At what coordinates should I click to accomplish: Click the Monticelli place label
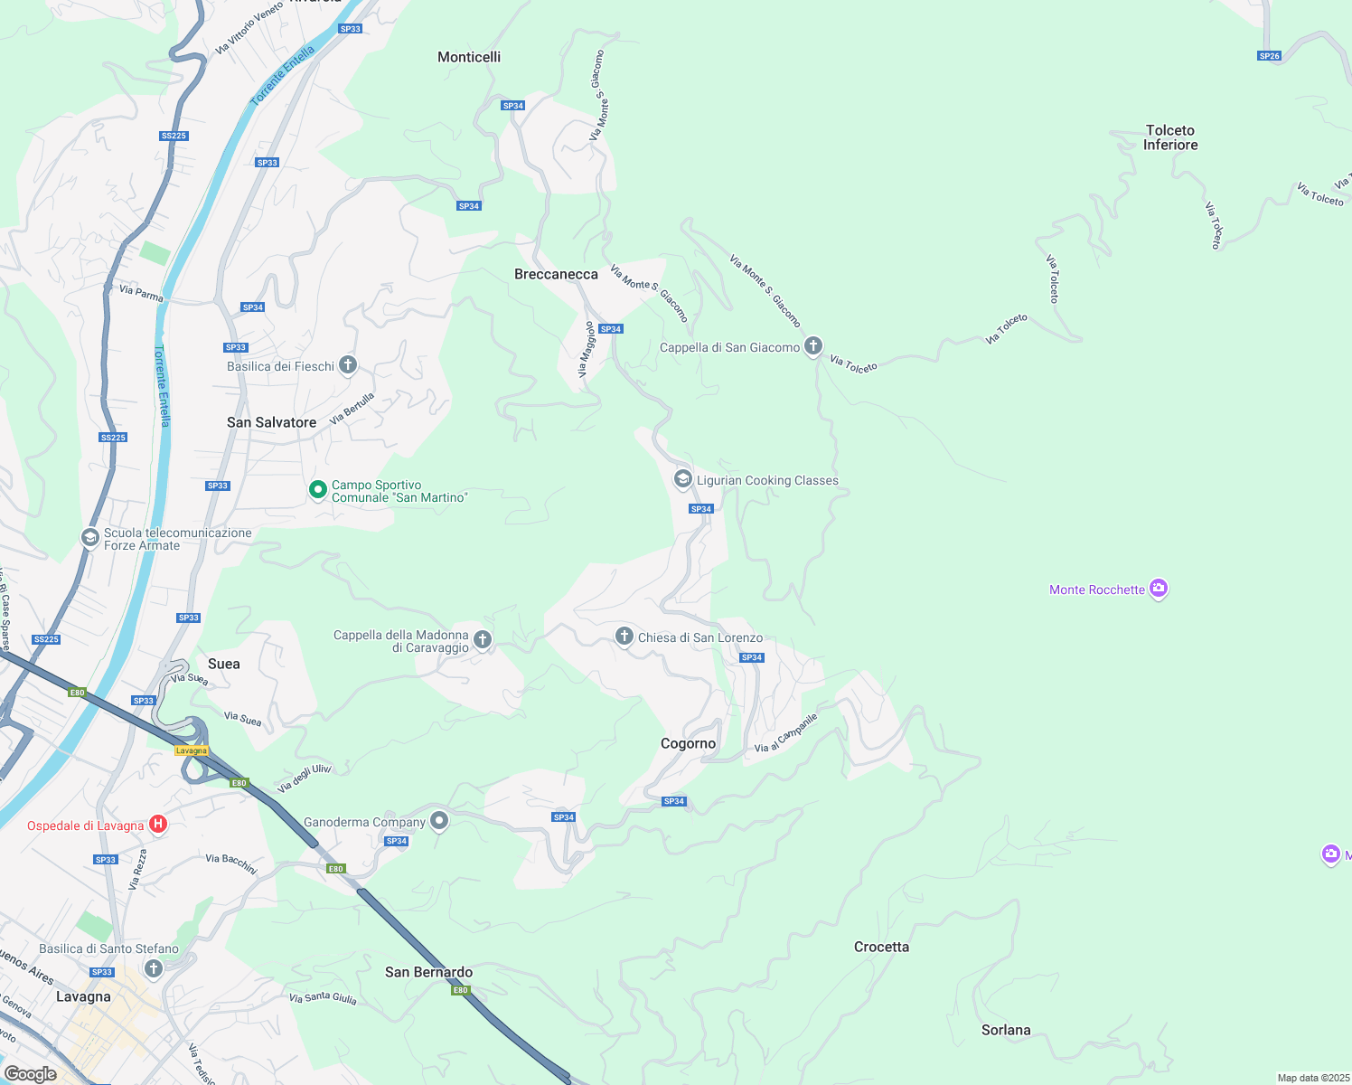468,57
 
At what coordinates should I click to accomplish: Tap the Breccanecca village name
556,274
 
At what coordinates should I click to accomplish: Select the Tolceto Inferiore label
1170,137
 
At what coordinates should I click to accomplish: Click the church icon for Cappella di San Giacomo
813,346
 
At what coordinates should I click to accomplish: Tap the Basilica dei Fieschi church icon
348,365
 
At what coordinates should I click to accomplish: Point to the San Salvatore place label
271,422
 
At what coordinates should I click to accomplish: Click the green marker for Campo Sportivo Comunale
318,490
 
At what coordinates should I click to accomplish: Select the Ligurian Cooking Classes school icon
683,479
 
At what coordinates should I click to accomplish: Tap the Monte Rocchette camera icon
1159,589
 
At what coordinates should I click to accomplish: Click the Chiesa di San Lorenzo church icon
624,637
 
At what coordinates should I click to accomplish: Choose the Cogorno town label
688,743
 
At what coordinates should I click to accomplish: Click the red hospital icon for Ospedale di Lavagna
158,824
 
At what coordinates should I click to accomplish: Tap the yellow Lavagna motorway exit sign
192,750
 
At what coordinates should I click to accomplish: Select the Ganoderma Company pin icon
439,821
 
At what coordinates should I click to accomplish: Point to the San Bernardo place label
428,972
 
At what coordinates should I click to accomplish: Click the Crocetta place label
881,947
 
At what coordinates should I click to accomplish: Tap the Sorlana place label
1006,1030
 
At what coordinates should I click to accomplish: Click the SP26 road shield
1269,56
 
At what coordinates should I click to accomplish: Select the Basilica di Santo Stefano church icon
154,969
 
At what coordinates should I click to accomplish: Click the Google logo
31,1074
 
